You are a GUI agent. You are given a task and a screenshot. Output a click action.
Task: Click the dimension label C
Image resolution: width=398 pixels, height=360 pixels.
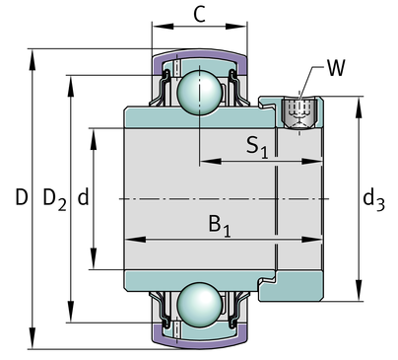click(x=200, y=14)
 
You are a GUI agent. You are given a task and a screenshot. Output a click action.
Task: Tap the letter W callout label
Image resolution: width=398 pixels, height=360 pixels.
click(x=336, y=68)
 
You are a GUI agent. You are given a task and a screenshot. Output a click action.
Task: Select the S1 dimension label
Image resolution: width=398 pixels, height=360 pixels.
click(x=257, y=147)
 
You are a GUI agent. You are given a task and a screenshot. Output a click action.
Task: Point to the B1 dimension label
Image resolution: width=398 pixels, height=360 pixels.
click(x=220, y=226)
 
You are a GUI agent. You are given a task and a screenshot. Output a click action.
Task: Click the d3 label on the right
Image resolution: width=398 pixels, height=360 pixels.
click(x=373, y=200)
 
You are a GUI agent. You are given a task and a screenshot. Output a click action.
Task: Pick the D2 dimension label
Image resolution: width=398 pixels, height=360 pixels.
click(x=55, y=199)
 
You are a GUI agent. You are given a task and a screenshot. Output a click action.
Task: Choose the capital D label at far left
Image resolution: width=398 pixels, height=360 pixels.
click(x=22, y=197)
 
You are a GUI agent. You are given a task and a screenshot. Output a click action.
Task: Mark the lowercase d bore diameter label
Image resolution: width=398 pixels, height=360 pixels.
click(x=83, y=197)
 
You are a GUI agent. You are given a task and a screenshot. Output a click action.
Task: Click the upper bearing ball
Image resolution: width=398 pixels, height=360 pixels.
click(x=200, y=92)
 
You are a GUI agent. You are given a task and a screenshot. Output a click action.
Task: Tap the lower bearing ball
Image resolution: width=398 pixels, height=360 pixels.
click(x=200, y=305)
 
